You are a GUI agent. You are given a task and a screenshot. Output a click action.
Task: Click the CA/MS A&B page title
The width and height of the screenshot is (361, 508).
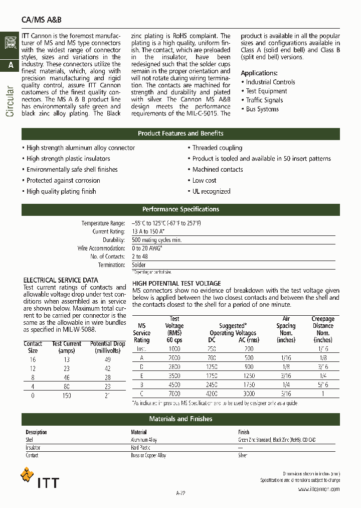click(42, 20)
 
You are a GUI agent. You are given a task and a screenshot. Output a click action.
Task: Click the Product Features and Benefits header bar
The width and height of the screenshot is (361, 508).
click(180, 134)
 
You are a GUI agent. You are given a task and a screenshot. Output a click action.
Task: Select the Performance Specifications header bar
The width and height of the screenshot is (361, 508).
click(180, 209)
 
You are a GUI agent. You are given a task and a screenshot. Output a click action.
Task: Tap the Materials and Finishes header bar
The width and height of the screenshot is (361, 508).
click(180, 419)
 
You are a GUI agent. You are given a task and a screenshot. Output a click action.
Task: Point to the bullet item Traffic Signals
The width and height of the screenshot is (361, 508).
click(264, 100)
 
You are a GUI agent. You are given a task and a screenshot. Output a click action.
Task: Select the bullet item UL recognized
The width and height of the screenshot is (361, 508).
click(211, 191)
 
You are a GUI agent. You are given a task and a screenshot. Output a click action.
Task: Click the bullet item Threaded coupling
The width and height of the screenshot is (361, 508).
click(217, 148)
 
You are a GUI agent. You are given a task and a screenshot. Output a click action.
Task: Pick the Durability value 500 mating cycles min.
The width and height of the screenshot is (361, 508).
click(156, 240)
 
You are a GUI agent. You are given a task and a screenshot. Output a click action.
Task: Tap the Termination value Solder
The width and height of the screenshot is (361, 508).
click(139, 265)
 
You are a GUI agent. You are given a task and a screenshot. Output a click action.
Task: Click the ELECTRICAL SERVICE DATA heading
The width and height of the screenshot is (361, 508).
click(61, 280)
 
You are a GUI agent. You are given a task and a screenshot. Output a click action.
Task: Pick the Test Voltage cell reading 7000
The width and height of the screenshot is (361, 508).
click(174, 394)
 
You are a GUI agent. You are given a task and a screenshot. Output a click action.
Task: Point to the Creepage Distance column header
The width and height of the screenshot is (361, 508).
click(322, 329)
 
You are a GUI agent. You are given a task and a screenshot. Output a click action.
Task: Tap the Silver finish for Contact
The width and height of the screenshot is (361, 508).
click(243, 455)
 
